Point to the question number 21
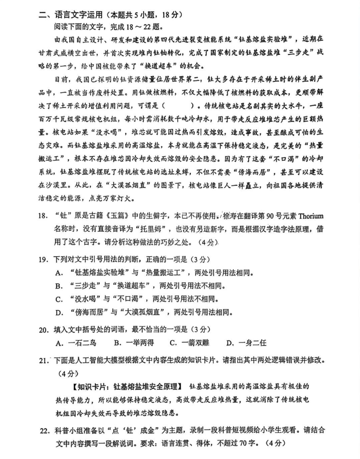(x=43, y=360)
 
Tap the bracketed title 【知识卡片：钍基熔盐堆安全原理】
(x=127, y=386)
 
